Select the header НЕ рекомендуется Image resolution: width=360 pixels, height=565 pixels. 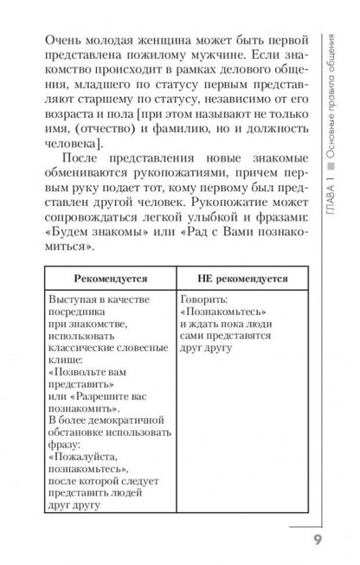point(231,281)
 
